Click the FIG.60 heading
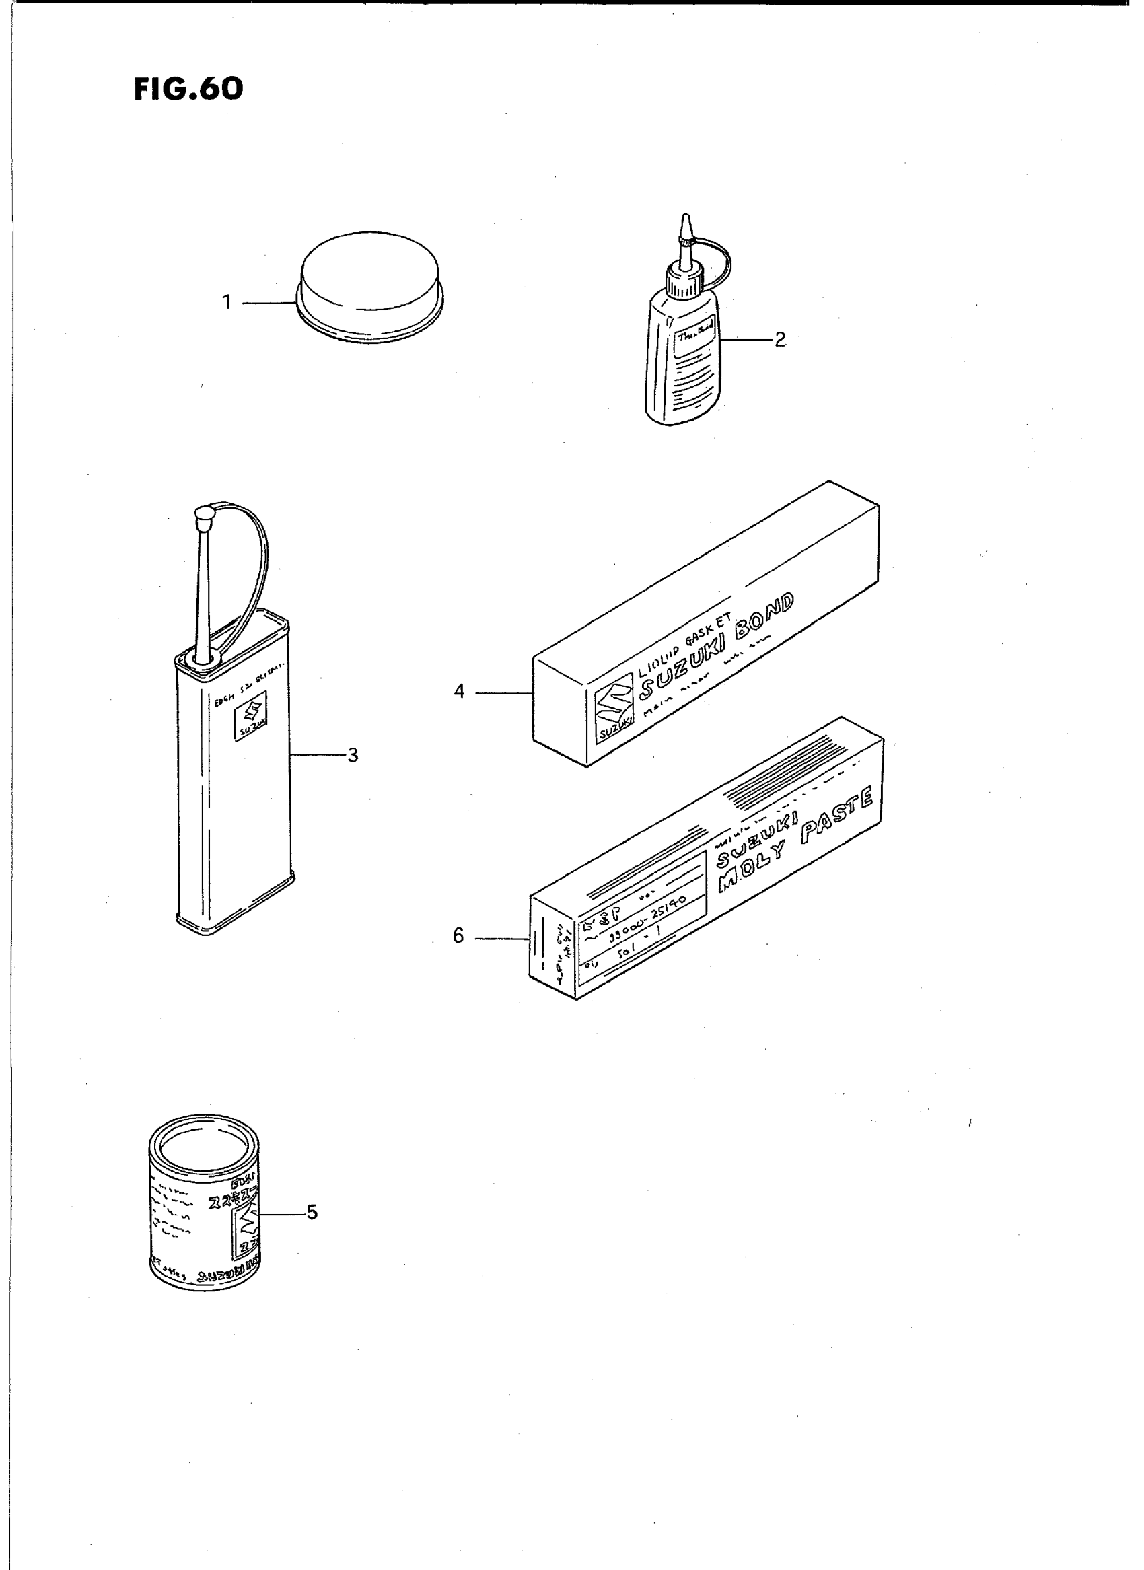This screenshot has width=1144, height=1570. (188, 89)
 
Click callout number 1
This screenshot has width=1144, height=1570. (227, 302)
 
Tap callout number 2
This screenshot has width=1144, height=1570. (780, 339)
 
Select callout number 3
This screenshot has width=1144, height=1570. (353, 755)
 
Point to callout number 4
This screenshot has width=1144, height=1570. (459, 691)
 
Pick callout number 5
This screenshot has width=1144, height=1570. (312, 1212)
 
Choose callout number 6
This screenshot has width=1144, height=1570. (458, 936)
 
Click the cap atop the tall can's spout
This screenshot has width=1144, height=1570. (203, 515)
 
